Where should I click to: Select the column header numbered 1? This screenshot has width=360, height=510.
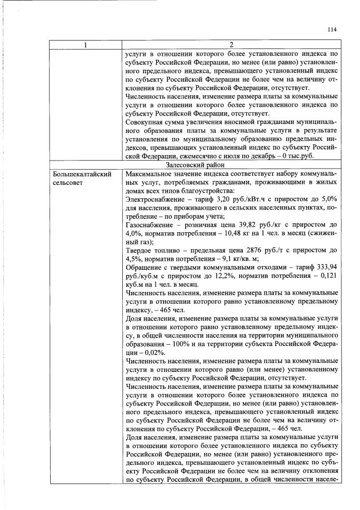(x=85, y=45)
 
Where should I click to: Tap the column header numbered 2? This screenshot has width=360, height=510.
(x=230, y=45)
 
